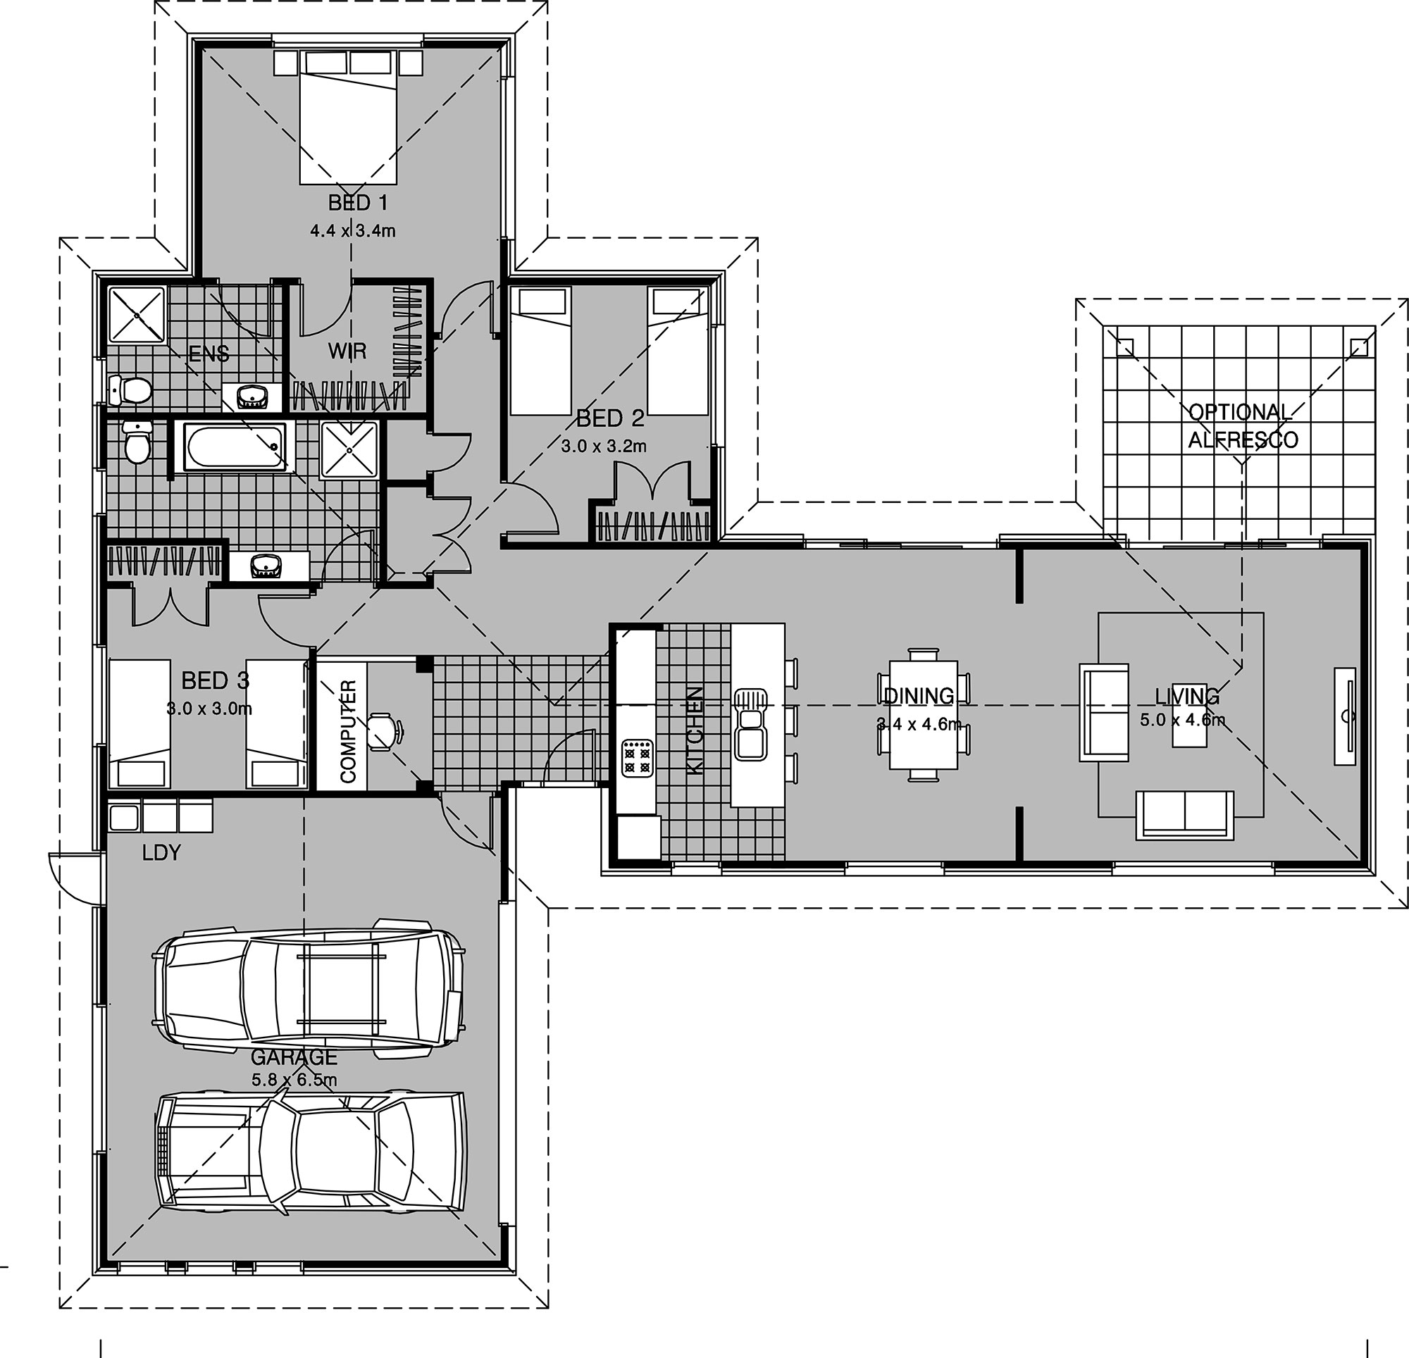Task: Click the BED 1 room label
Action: click(358, 203)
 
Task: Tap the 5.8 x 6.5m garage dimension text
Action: click(294, 1080)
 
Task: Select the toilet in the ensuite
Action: click(130, 390)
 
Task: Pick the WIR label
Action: click(347, 351)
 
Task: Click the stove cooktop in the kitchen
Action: click(638, 758)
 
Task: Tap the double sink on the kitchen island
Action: click(750, 724)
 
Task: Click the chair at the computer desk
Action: click(385, 731)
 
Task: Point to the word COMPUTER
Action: click(349, 731)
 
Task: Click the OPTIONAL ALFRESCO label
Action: click(1243, 425)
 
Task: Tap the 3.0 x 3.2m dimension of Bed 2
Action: click(604, 447)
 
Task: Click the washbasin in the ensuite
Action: click(252, 396)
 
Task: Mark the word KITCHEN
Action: click(695, 730)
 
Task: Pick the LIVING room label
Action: click(1187, 696)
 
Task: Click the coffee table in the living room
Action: click(1190, 716)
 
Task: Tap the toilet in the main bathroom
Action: click(136, 442)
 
